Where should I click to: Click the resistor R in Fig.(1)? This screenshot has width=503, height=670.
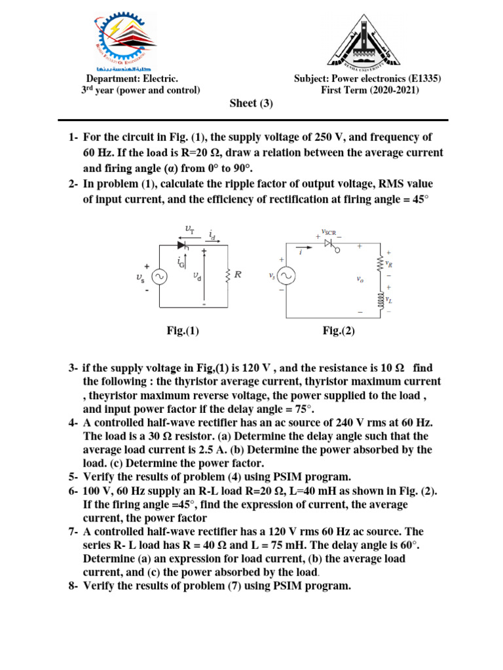click(227, 275)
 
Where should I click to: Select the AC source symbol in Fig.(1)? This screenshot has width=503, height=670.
click(158, 276)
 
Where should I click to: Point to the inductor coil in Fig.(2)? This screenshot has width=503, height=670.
click(378, 300)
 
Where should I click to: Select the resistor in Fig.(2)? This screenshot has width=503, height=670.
click(378, 264)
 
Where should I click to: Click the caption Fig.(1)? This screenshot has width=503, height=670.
click(183, 331)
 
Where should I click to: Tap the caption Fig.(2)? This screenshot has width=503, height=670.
click(339, 331)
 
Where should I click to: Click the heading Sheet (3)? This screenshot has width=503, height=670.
click(251, 103)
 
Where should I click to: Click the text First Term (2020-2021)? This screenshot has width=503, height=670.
click(369, 90)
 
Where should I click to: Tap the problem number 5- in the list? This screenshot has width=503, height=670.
click(73, 477)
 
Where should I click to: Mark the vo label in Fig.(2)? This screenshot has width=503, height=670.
click(360, 279)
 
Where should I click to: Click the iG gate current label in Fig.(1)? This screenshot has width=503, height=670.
click(180, 261)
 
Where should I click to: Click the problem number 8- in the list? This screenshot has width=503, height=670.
click(73, 586)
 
